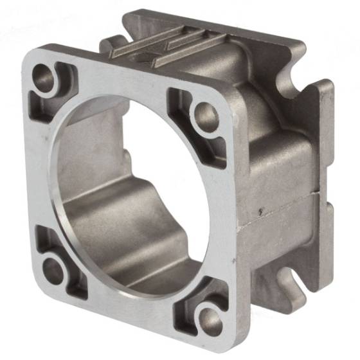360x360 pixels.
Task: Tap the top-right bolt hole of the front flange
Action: (206, 115)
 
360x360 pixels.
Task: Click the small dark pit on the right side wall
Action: (260, 210)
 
